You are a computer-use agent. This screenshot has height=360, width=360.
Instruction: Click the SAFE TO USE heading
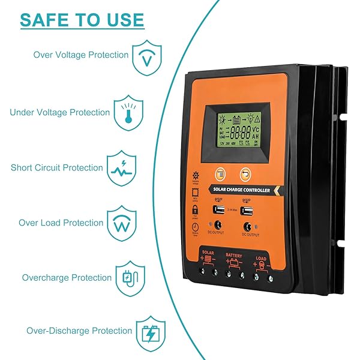(x=82, y=19)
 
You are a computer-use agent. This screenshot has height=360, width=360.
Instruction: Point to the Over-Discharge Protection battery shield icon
(x=148, y=332)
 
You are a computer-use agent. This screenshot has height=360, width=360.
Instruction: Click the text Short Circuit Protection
(x=57, y=168)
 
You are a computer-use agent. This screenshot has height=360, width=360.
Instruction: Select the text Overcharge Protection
(x=67, y=278)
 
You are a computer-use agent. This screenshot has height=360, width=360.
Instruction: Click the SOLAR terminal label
(x=208, y=253)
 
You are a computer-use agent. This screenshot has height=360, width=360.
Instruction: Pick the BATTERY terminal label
(x=234, y=255)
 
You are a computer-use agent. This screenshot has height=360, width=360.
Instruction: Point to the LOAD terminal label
(x=261, y=259)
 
